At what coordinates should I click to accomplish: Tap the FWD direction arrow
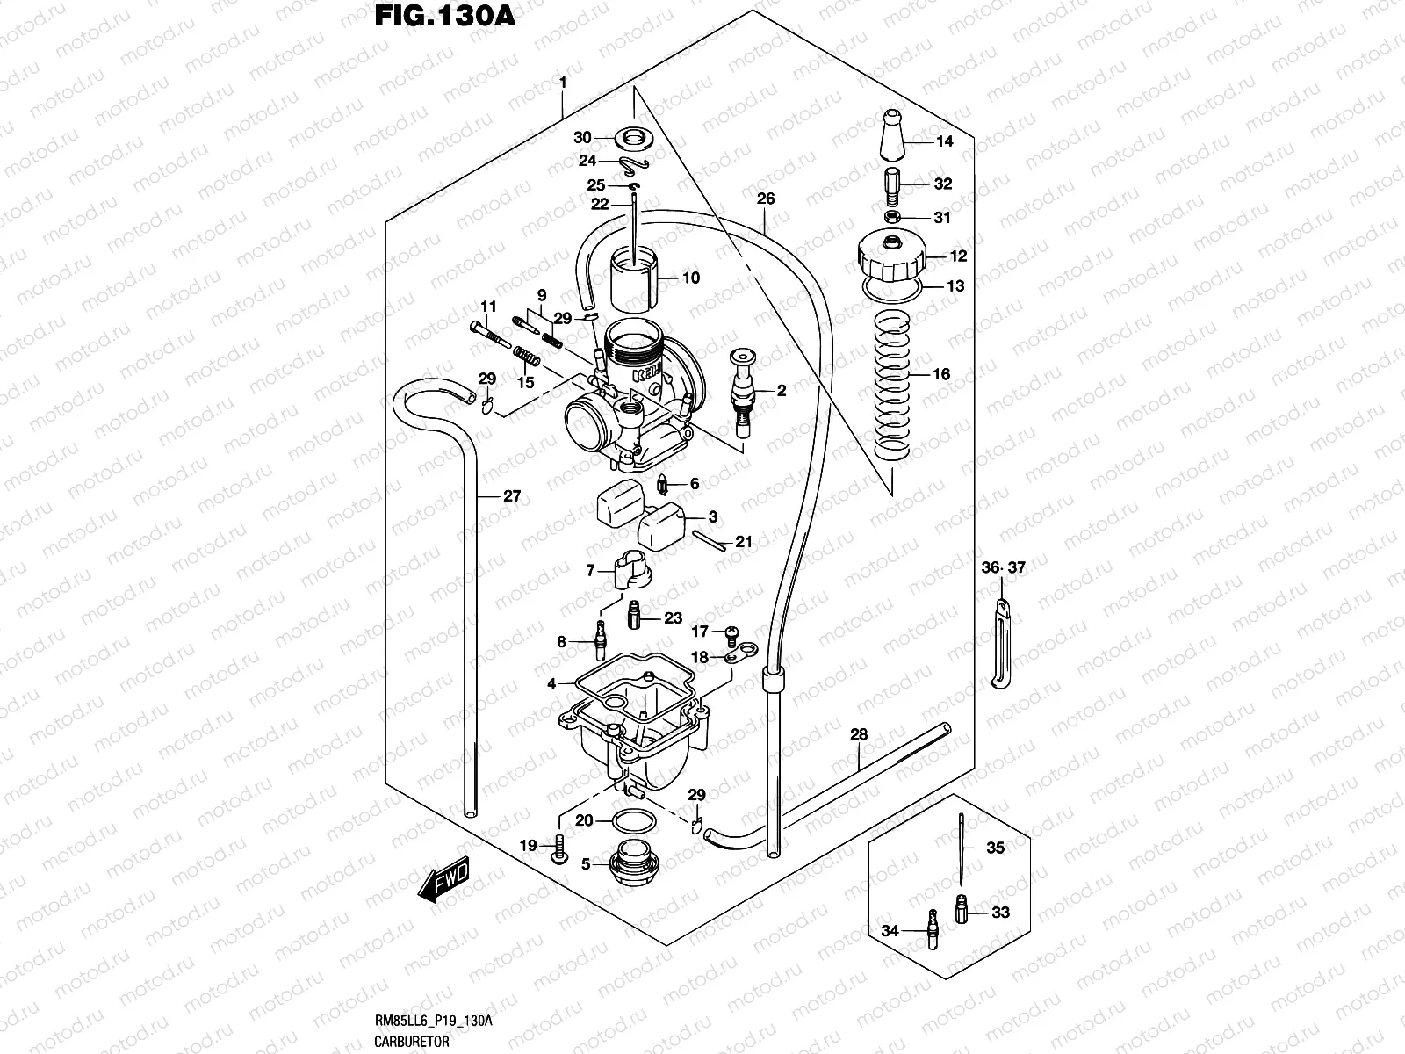(x=444, y=879)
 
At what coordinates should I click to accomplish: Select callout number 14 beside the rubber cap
(x=944, y=141)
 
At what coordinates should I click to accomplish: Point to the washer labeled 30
(x=631, y=138)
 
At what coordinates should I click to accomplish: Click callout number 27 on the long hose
(x=511, y=496)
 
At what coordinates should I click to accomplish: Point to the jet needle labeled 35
(x=964, y=848)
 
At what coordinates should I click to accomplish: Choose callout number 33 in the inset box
(x=1000, y=913)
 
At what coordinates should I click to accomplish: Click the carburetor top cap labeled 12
(x=890, y=256)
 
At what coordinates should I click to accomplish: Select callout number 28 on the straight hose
(x=859, y=734)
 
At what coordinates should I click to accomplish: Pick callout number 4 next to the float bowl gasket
(x=551, y=683)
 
